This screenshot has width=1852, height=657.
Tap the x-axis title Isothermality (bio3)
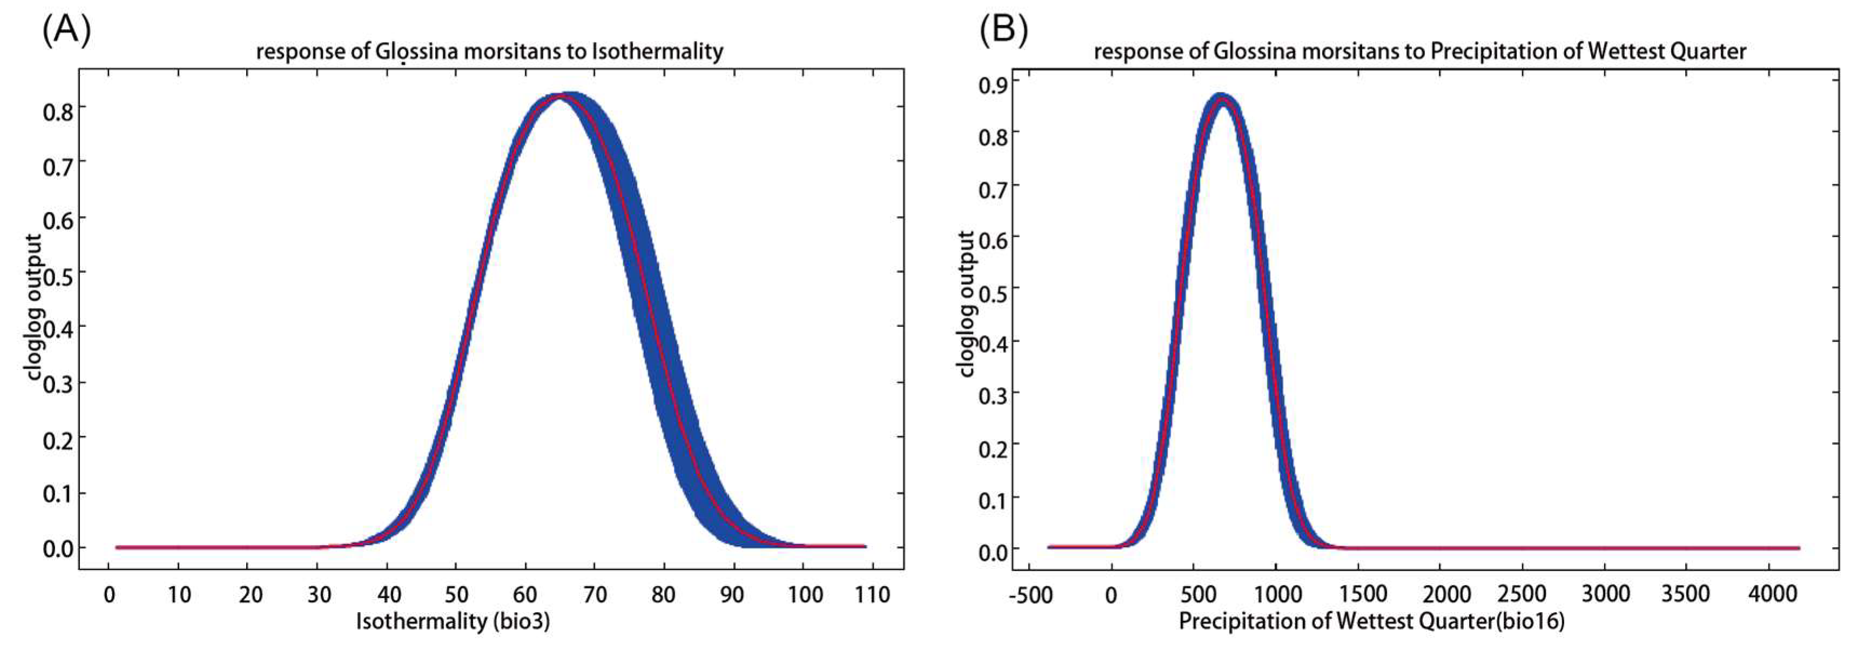click(x=453, y=621)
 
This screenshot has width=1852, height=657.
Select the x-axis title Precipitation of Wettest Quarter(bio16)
click(x=1372, y=621)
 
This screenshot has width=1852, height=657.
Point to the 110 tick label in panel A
click(x=873, y=595)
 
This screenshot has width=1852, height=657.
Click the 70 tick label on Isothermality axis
click(x=594, y=595)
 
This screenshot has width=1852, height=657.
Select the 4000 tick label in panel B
click(x=1772, y=595)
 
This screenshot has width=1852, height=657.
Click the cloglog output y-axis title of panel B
click(x=967, y=303)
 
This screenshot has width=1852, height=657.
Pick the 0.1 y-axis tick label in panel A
click(x=58, y=495)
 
